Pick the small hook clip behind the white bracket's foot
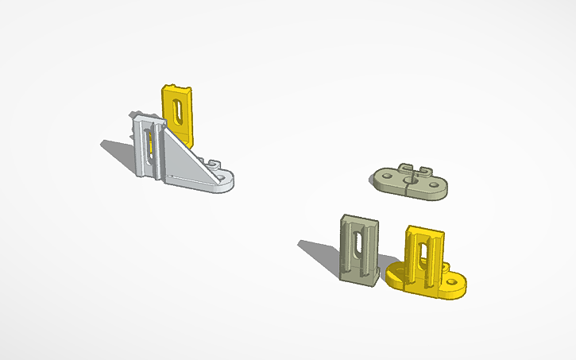212,161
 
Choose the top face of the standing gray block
360,219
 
